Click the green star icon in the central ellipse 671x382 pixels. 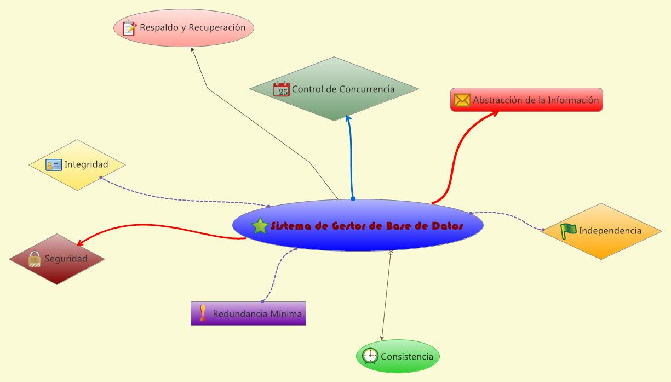[x=260, y=225]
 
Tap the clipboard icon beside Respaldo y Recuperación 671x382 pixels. [x=129, y=28]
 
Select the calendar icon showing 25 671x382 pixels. [x=282, y=89]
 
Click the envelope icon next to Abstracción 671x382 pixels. [x=462, y=100]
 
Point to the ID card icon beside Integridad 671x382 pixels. [x=54, y=164]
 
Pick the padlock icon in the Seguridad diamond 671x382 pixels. [x=35, y=258]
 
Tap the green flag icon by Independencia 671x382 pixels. [x=569, y=231]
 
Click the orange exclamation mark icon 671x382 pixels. [x=203, y=313]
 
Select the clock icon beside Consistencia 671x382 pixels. [x=370, y=356]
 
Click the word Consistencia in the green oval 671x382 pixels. [x=407, y=357]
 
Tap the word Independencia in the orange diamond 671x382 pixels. [x=610, y=231]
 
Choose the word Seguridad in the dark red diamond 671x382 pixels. [x=66, y=259]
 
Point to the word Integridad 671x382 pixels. [x=86, y=164]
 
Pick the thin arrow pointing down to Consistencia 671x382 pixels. [x=386, y=296]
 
